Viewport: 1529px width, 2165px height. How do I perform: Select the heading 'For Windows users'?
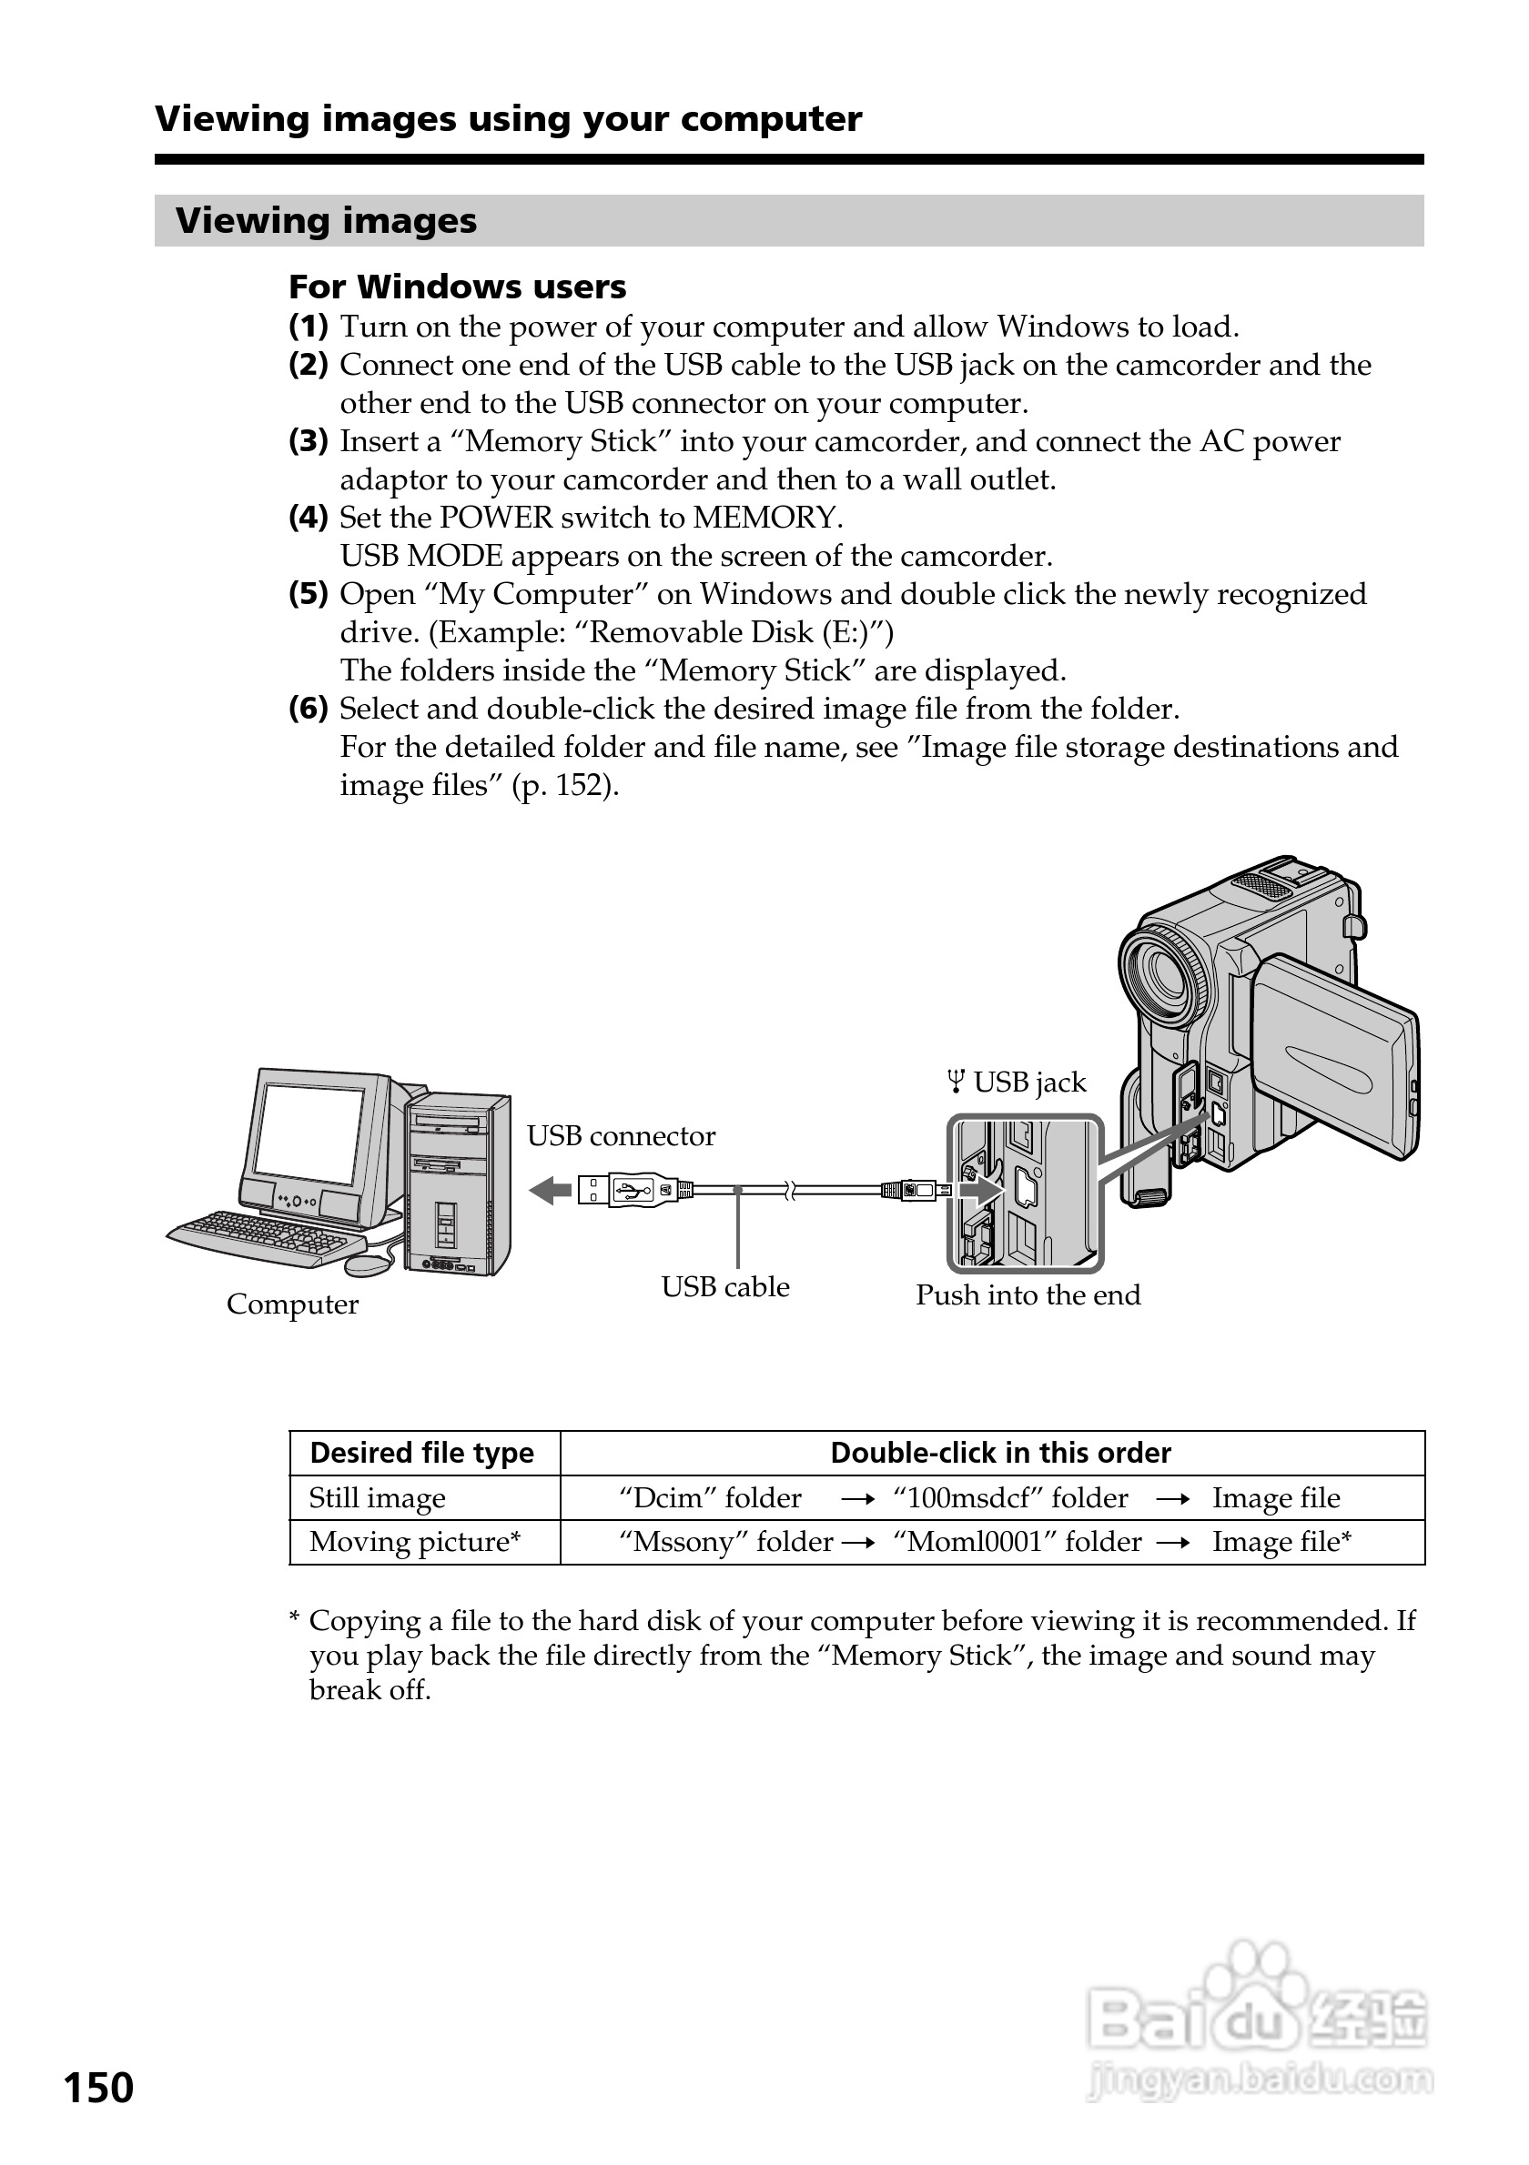tap(458, 287)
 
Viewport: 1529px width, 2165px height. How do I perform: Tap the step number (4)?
tap(309, 518)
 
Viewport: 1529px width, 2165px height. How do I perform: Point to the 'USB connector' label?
tap(621, 1136)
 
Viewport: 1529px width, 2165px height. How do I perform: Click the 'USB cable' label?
tap(724, 1287)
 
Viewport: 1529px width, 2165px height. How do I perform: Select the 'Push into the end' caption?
tap(1028, 1295)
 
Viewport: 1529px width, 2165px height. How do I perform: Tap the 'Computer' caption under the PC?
tap(292, 1305)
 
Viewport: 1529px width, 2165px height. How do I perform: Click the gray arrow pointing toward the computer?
tap(550, 1191)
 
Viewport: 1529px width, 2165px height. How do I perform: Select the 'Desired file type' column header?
tap(421, 1453)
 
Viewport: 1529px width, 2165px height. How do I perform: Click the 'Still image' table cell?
tap(378, 1498)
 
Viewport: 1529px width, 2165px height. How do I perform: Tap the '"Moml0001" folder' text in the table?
tap(1017, 1542)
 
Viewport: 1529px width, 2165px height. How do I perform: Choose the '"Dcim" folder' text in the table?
tap(709, 1498)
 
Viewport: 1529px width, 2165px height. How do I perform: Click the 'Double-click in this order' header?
tap(1000, 1453)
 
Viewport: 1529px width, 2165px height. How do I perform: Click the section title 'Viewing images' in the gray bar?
tap(327, 221)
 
